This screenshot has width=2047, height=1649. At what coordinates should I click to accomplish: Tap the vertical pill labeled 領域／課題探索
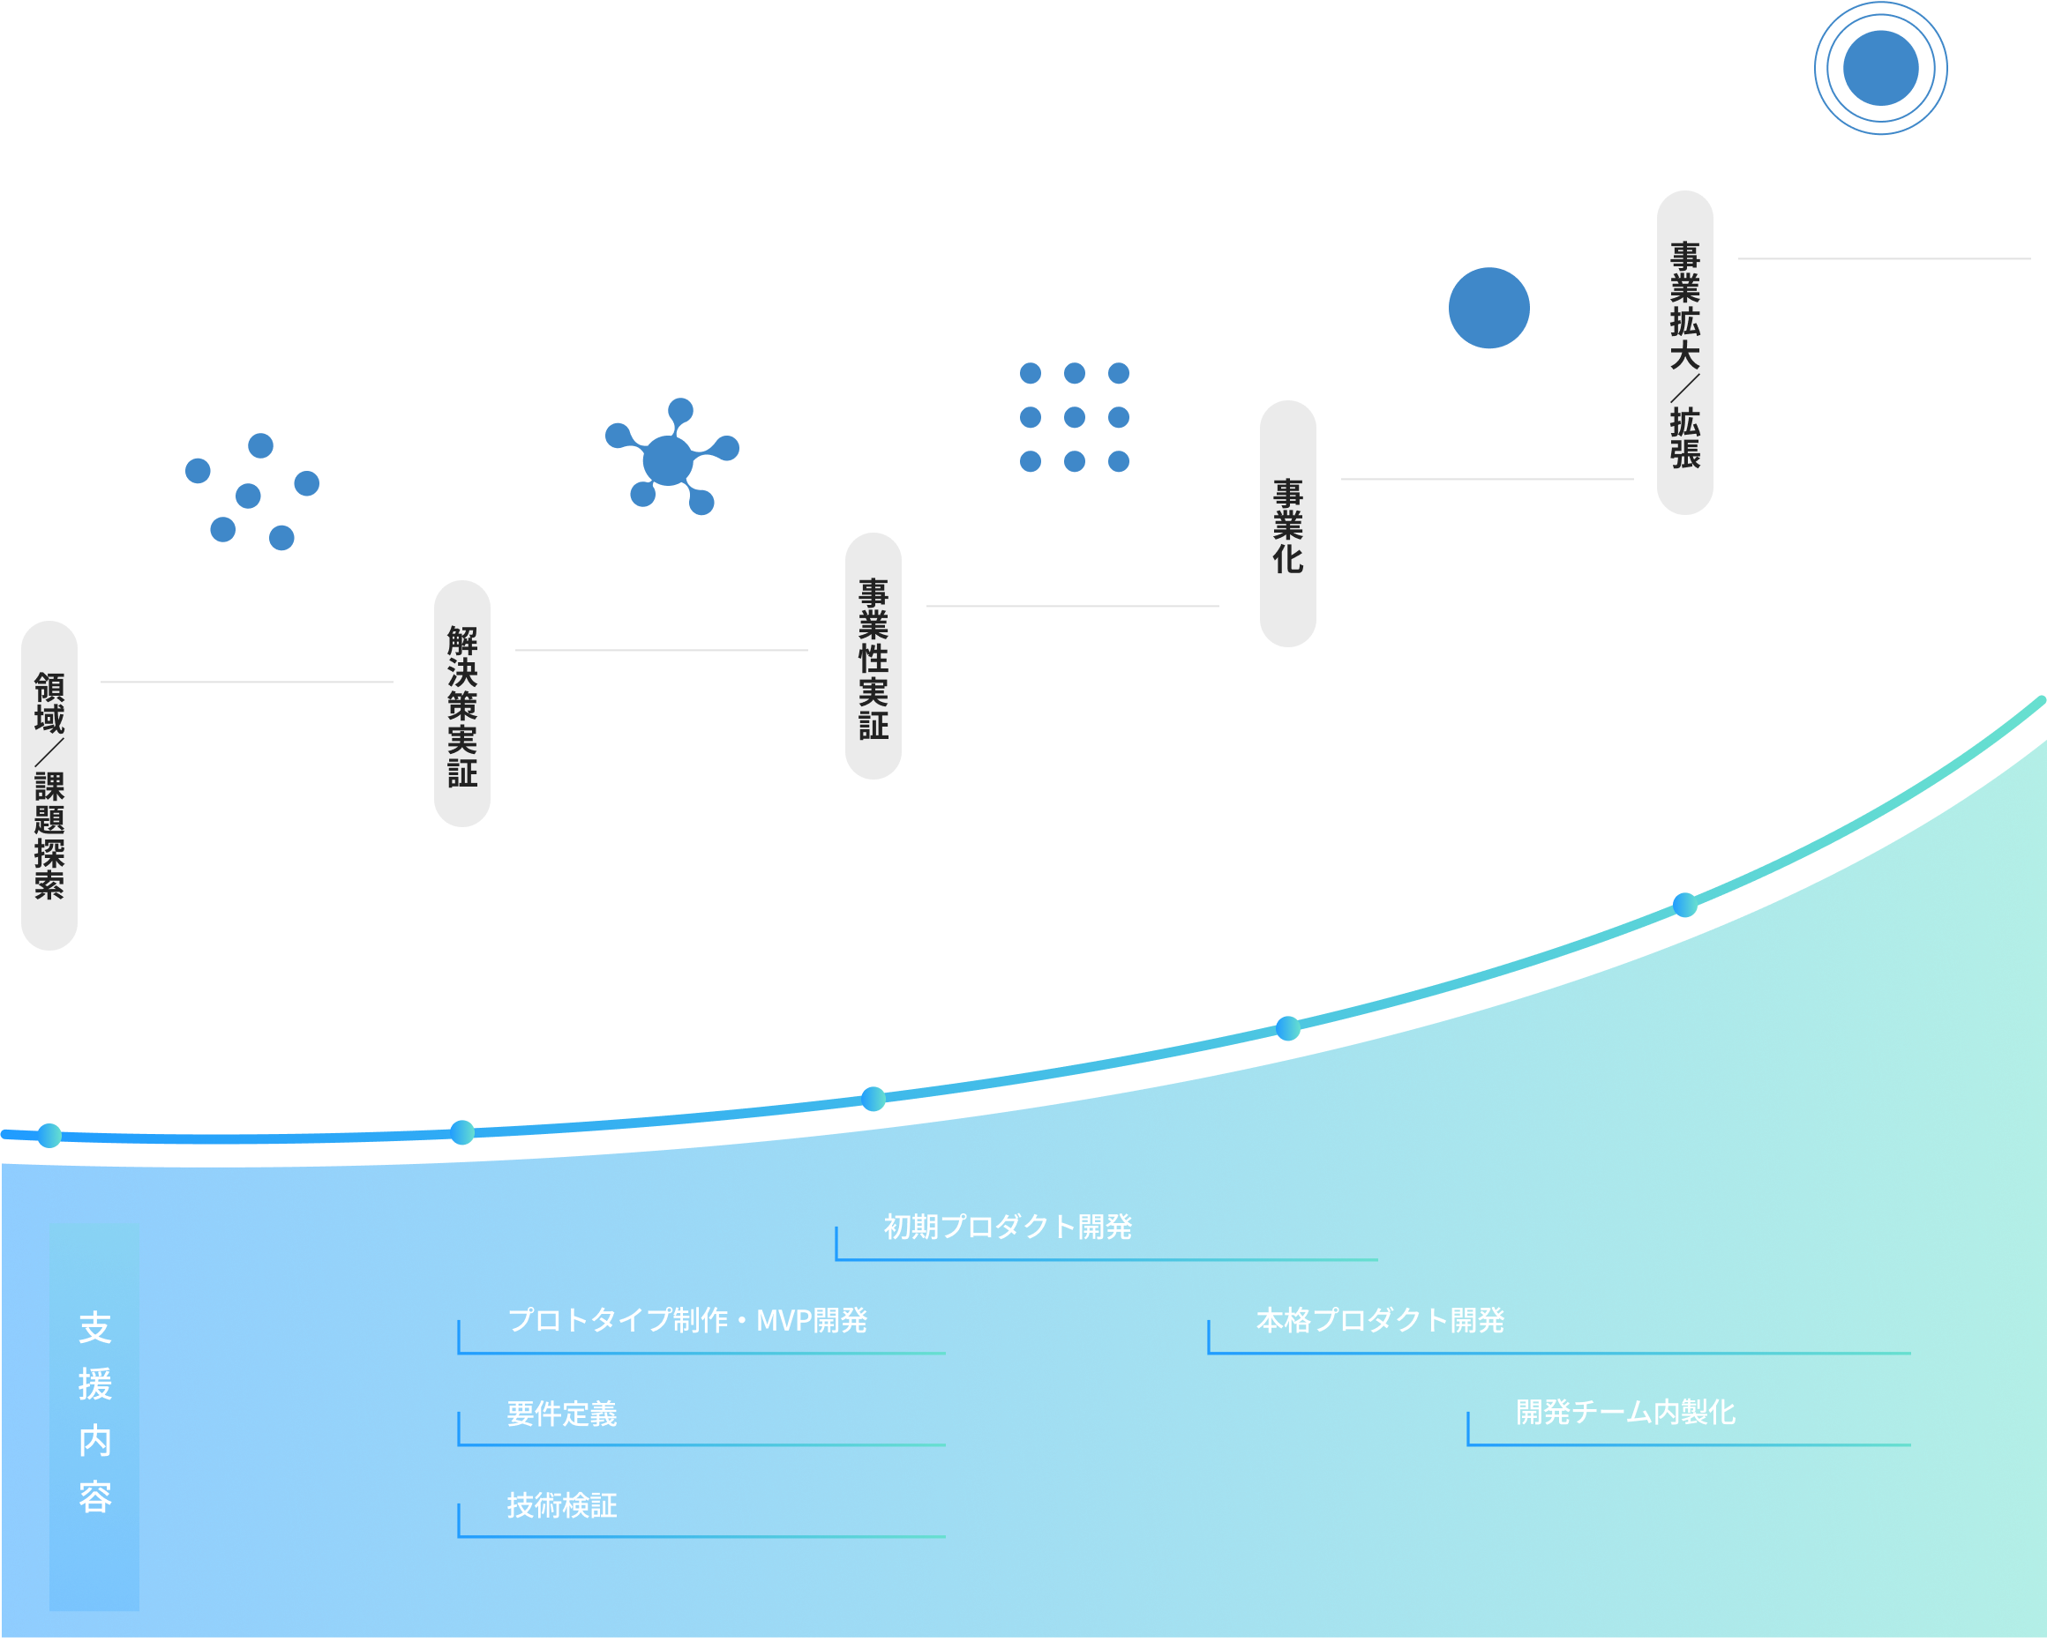pyautogui.click(x=49, y=785)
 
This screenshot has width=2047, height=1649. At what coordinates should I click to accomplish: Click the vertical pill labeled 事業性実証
pyautogui.click(x=874, y=656)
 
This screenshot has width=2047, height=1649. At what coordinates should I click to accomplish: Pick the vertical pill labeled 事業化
pyautogui.click(x=1287, y=524)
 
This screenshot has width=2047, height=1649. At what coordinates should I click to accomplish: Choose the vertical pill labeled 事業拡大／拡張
pyautogui.click(x=1685, y=353)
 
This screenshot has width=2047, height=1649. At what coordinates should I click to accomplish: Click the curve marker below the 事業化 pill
pyautogui.click(x=1287, y=1028)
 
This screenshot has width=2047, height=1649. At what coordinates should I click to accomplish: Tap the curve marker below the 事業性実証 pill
pyautogui.click(x=874, y=1099)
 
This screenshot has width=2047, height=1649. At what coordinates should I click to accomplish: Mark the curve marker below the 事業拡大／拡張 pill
pyautogui.click(x=1685, y=906)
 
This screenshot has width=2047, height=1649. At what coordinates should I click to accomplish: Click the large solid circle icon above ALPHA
pyautogui.click(x=1488, y=308)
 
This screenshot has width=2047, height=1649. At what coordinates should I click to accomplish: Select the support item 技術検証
pyautogui.click(x=562, y=1505)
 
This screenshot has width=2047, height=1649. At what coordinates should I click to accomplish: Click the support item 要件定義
pyautogui.click(x=562, y=1414)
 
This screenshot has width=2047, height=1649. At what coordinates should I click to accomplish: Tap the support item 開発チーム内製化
pyautogui.click(x=1625, y=1413)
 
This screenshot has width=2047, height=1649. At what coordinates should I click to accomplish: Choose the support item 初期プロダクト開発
pyautogui.click(x=1008, y=1227)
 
